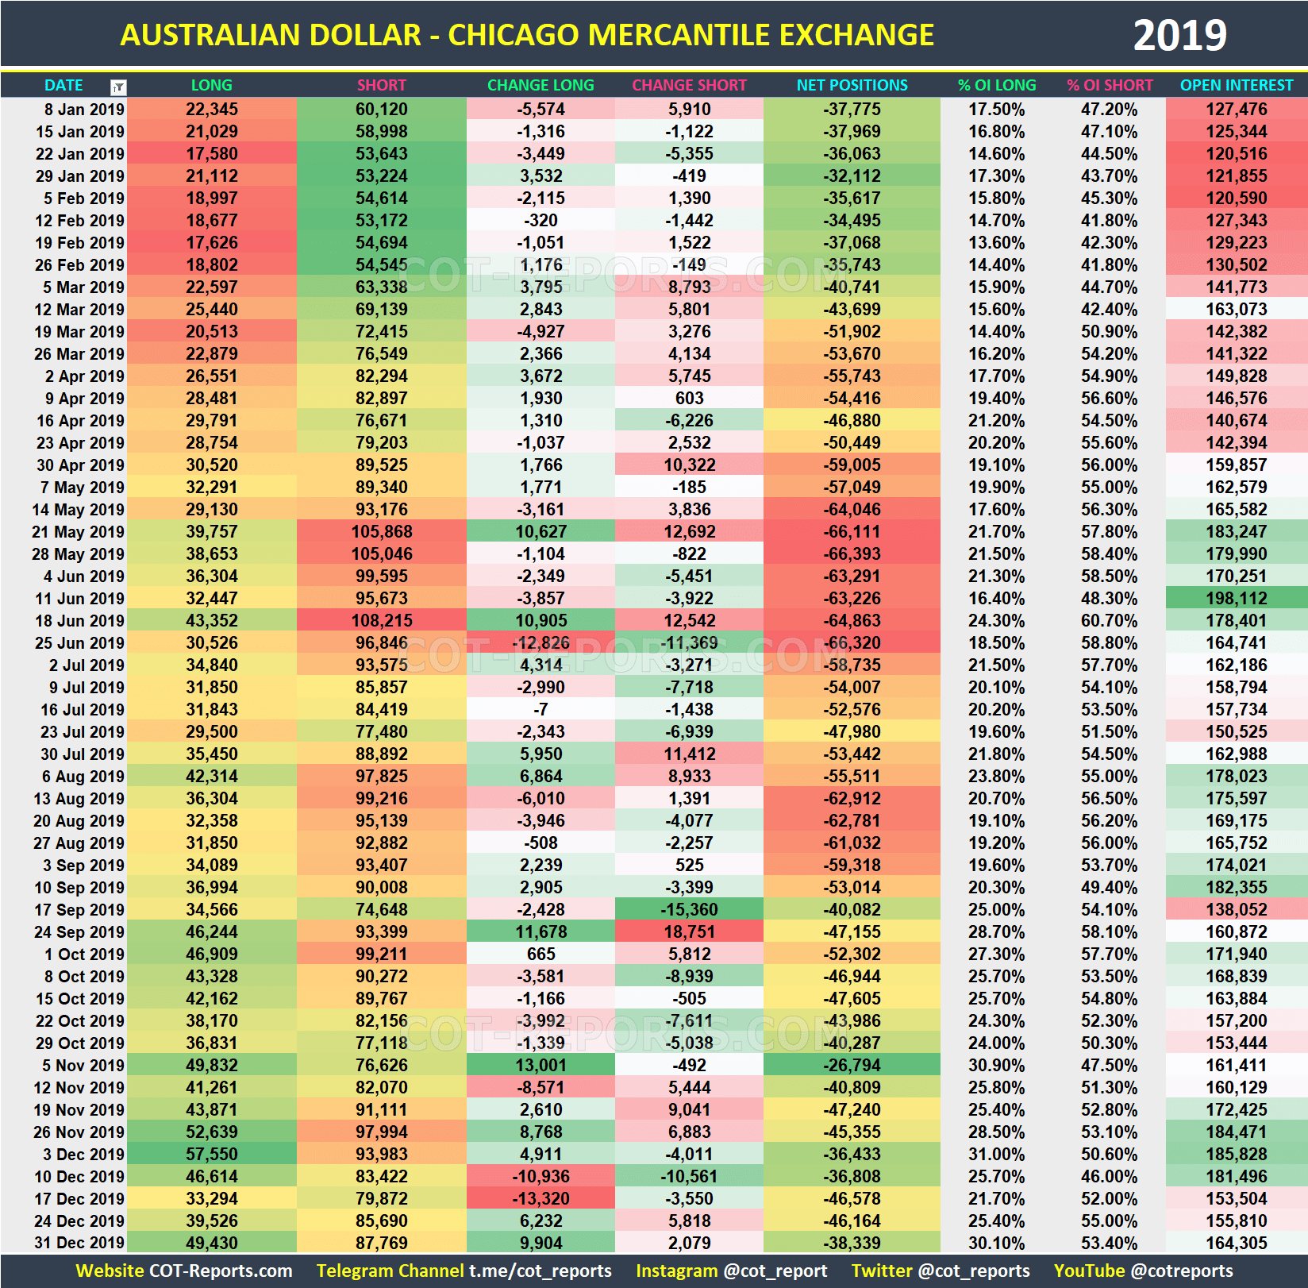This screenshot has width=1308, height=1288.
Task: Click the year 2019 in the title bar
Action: tap(1179, 36)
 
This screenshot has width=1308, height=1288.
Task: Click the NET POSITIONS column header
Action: tap(852, 85)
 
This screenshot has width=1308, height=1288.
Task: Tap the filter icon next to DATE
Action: tap(118, 87)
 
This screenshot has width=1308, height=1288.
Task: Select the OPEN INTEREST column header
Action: tap(1236, 85)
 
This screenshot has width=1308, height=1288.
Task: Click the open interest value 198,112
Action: tap(1236, 598)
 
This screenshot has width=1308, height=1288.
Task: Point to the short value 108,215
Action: tap(382, 620)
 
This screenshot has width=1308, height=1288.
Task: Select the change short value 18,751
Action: tap(689, 931)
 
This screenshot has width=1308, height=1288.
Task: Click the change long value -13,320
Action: tap(541, 1198)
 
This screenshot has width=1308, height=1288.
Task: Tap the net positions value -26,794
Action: tap(852, 1065)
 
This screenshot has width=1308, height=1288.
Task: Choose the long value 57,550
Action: tap(212, 1154)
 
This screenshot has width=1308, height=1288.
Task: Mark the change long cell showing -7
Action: tap(541, 709)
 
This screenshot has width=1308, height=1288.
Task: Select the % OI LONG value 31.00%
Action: tap(996, 1154)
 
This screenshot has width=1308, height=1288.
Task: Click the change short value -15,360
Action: tap(689, 909)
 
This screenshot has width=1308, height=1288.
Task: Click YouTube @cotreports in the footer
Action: tap(1143, 1271)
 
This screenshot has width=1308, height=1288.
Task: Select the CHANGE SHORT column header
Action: tap(689, 85)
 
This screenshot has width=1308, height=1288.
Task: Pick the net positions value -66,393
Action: tap(852, 553)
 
